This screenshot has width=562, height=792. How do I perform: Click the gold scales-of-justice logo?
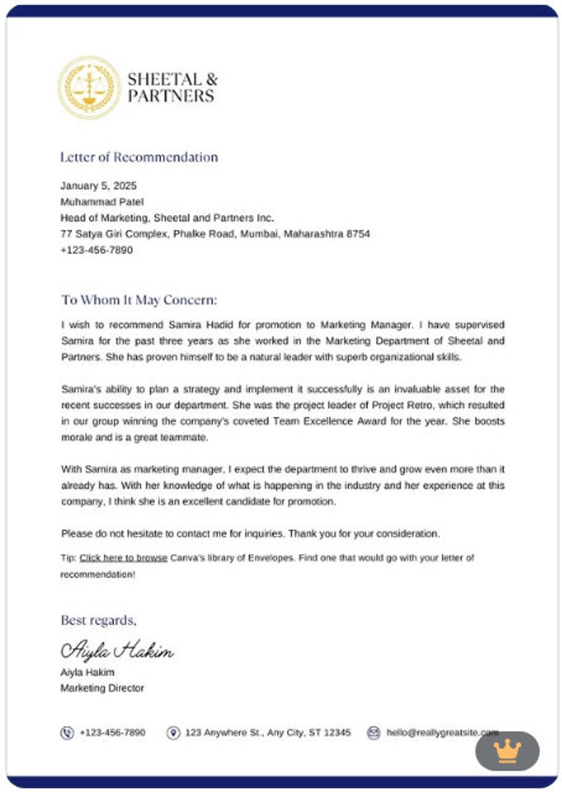[89, 87]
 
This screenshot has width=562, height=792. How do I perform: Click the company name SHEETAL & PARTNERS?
[172, 87]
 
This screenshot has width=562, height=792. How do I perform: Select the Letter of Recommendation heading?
[139, 157]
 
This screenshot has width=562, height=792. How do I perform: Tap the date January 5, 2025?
[98, 186]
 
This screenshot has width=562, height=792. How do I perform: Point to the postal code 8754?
[357, 234]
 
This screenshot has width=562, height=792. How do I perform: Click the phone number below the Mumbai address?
[96, 250]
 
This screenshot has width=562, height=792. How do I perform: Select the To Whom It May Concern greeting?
[139, 299]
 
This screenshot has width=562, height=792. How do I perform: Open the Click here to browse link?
[123, 558]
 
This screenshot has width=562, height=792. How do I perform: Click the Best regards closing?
[98, 620]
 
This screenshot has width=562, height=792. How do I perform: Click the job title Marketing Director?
[102, 688]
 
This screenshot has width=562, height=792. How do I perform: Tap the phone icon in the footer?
[67, 733]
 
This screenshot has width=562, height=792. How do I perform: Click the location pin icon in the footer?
[173, 733]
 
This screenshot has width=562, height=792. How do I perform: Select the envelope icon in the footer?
[374, 733]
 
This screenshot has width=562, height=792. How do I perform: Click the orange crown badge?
[507, 750]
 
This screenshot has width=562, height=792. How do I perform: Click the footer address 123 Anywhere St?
[268, 733]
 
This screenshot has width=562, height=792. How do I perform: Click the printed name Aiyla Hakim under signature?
[87, 672]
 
